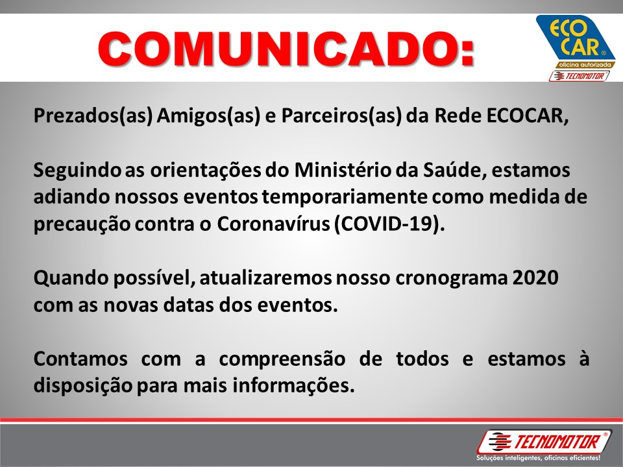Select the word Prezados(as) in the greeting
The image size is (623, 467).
pos(93,116)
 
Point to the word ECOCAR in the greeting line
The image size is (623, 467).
pos(527,115)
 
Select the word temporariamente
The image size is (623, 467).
pos(345,197)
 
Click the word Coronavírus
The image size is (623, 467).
pos(273,224)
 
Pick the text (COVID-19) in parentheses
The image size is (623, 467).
pos(389,224)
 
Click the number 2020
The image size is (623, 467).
pos(535,278)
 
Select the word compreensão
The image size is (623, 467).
pos(282,359)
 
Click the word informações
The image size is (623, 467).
pos(293,386)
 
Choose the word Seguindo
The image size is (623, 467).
pos(77,171)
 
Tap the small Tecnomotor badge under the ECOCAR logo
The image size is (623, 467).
pos(579,76)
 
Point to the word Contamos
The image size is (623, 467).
pos(80,359)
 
